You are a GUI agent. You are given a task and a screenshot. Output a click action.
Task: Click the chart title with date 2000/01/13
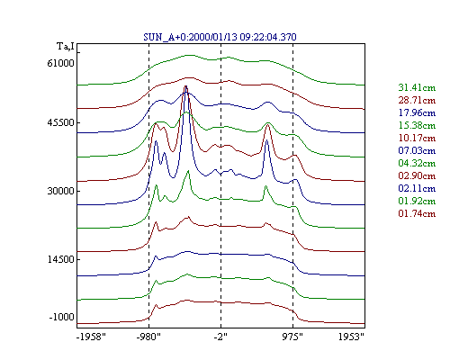click(220, 37)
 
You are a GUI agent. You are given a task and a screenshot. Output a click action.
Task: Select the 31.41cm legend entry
click(417, 87)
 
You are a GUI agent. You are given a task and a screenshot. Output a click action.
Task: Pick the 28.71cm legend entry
click(417, 100)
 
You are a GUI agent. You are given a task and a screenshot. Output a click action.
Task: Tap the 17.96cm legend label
click(417, 112)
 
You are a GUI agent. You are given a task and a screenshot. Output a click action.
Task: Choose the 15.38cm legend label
click(417, 125)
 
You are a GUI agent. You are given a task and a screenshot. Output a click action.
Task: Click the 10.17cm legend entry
click(417, 138)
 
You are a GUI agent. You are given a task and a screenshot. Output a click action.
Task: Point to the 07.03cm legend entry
click(417, 150)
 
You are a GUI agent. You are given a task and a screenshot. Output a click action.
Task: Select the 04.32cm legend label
click(417, 163)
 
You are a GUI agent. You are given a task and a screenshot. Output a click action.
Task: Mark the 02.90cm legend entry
click(417, 175)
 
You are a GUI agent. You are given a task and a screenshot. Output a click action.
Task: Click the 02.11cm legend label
click(417, 188)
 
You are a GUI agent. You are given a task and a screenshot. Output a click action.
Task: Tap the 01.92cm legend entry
click(417, 201)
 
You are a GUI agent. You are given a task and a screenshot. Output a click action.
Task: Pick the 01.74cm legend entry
click(417, 213)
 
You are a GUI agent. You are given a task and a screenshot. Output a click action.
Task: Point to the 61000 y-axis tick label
click(60, 63)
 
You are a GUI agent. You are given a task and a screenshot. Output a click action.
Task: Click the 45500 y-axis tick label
click(60, 123)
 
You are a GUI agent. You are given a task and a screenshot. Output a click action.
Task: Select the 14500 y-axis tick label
click(60, 259)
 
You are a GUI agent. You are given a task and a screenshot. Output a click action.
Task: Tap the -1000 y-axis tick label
click(61, 317)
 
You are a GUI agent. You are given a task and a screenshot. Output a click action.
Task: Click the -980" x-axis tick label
click(148, 337)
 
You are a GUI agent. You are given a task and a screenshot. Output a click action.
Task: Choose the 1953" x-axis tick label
click(351, 337)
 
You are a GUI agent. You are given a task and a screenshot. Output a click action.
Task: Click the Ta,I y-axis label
click(66, 47)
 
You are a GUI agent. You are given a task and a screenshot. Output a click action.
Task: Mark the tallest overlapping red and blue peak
click(186, 87)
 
